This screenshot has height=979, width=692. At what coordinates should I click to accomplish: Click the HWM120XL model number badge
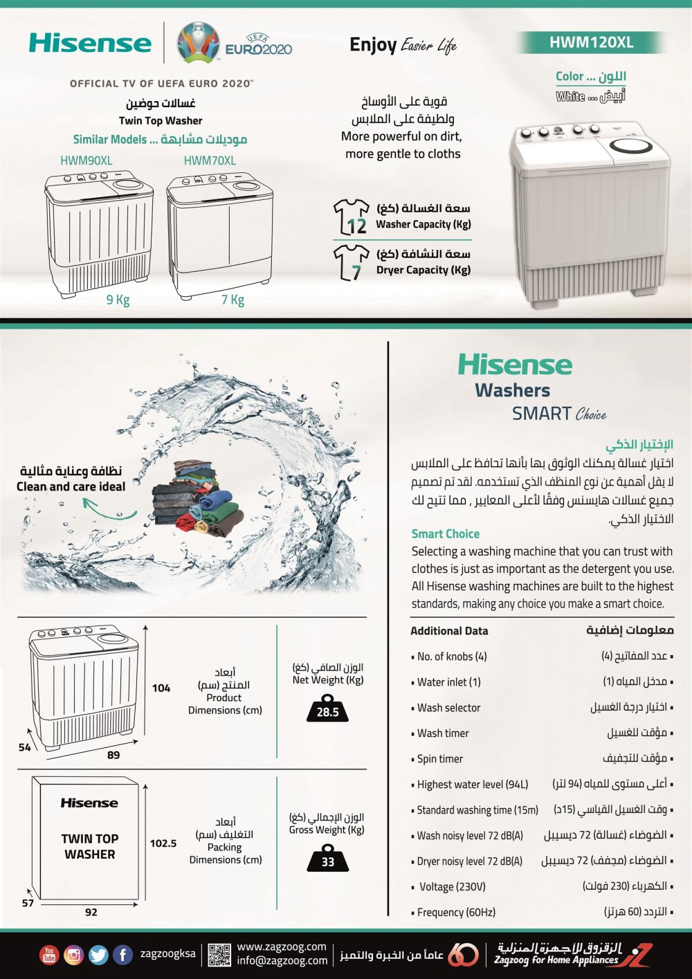pyautogui.click(x=591, y=43)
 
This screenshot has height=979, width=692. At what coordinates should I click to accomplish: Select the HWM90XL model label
pyautogui.click(x=86, y=161)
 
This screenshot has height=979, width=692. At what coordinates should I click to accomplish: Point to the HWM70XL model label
pyautogui.click(x=210, y=161)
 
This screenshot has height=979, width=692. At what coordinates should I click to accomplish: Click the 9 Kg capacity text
pyautogui.click(x=118, y=300)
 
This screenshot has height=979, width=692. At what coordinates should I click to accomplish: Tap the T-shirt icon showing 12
pyautogui.click(x=352, y=217)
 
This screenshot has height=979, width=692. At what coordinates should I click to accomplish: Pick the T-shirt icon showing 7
pyautogui.click(x=352, y=263)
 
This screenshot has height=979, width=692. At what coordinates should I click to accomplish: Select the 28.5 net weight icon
pyautogui.click(x=327, y=711)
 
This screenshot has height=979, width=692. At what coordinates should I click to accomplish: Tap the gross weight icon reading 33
pyautogui.click(x=327, y=861)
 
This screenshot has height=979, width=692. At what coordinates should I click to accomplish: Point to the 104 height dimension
pyautogui.click(x=161, y=688)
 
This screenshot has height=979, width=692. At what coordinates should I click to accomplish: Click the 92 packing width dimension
pyautogui.click(x=91, y=912)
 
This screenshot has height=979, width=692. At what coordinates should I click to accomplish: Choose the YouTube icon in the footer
pyautogui.click(x=49, y=955)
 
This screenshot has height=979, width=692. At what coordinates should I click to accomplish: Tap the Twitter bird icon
pyautogui.click(x=98, y=955)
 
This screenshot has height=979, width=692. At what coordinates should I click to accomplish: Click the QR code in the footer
pyautogui.click(x=219, y=955)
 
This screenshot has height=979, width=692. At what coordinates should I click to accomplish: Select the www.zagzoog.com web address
pyautogui.click(x=282, y=946)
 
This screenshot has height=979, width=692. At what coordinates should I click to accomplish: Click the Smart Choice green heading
pyautogui.click(x=446, y=533)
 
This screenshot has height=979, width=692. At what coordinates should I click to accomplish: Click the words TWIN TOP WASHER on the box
pyautogui.click(x=90, y=846)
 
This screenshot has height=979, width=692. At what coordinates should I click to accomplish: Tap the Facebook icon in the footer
pyautogui.click(x=122, y=955)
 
